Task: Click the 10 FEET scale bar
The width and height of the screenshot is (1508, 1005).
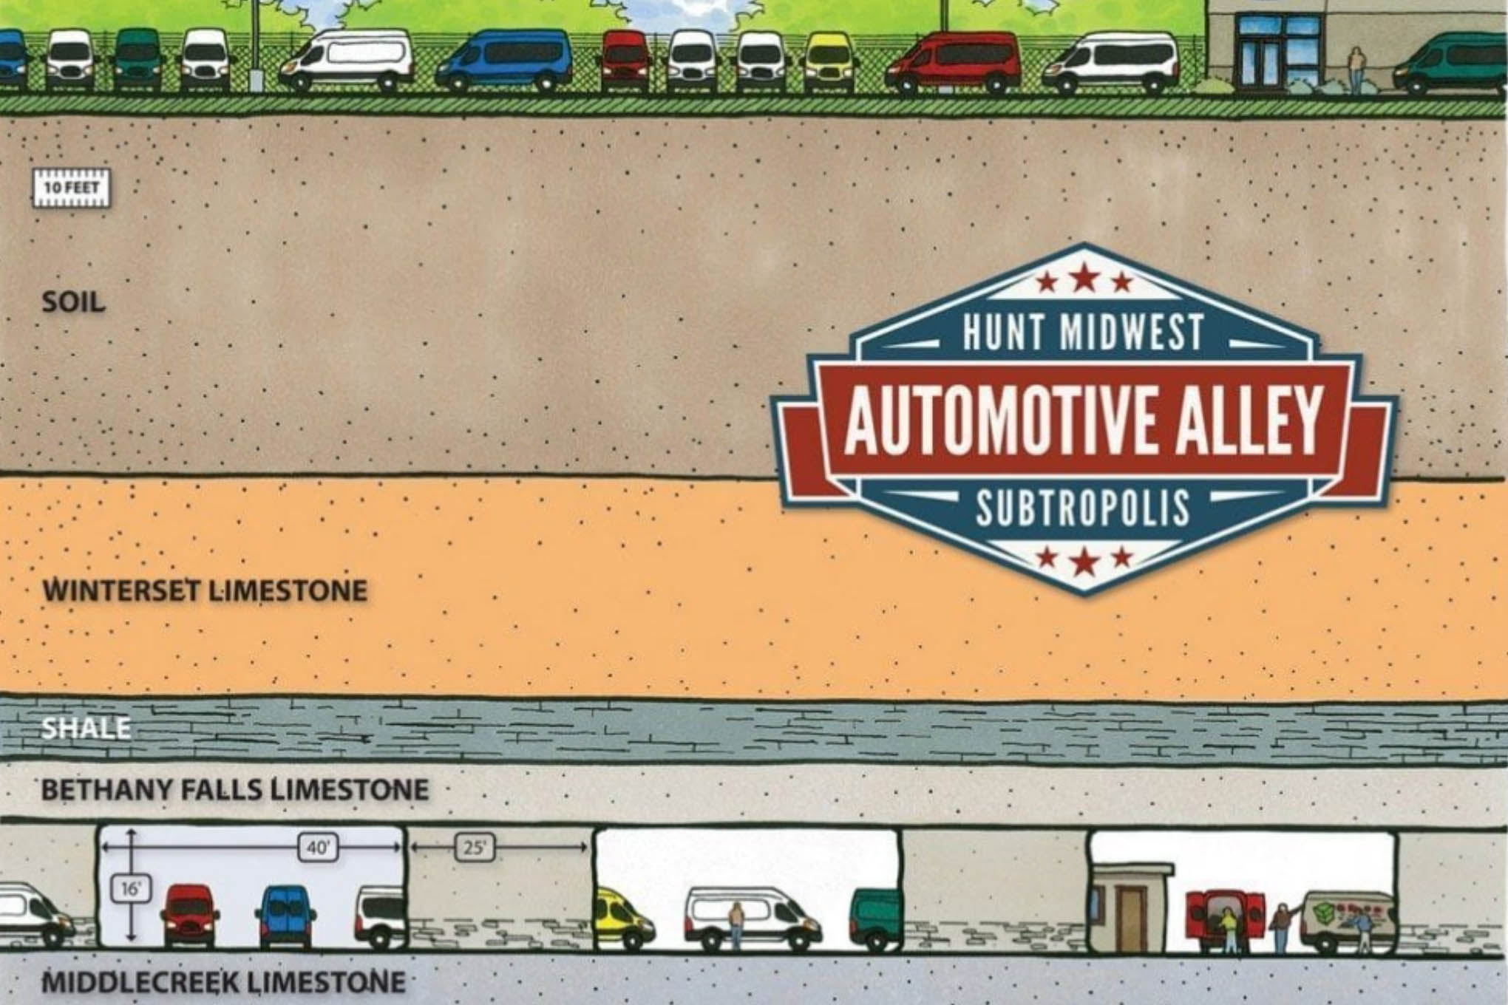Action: (x=71, y=188)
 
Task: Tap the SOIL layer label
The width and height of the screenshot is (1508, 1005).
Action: (x=73, y=302)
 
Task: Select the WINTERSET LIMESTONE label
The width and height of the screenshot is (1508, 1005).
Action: (x=205, y=590)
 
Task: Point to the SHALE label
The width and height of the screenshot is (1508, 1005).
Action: (x=86, y=729)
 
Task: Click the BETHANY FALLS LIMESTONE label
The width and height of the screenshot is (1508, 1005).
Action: (x=235, y=790)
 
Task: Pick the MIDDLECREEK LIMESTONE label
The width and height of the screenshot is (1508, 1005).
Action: (x=223, y=983)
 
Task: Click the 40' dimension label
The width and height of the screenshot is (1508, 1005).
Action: (x=318, y=848)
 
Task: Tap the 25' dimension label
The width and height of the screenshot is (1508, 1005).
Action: (x=475, y=848)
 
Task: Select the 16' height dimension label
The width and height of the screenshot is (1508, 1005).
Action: (x=130, y=889)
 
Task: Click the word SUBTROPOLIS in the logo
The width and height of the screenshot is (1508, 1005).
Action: (x=1083, y=508)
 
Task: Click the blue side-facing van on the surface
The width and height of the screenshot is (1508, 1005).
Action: (x=503, y=61)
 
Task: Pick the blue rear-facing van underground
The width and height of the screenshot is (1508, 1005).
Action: (x=285, y=916)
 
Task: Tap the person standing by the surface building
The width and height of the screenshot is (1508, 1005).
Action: (x=1356, y=71)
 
